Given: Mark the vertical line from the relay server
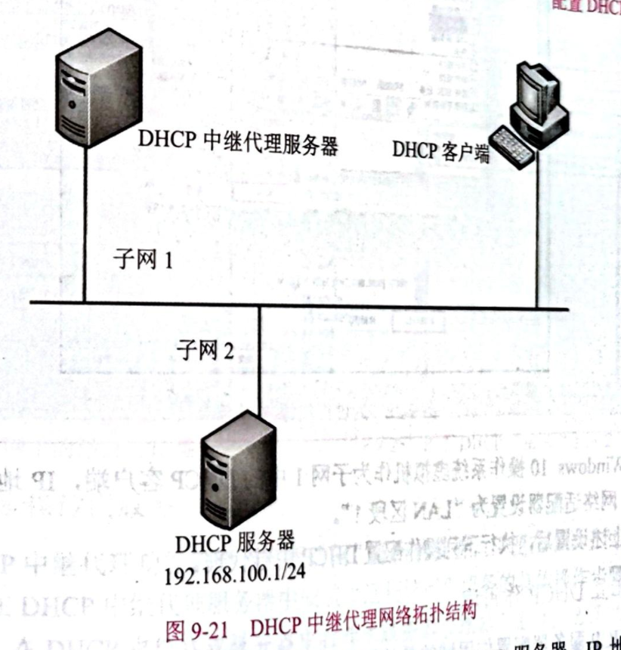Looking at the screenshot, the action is [85, 227].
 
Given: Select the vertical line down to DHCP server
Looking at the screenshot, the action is [260, 363].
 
